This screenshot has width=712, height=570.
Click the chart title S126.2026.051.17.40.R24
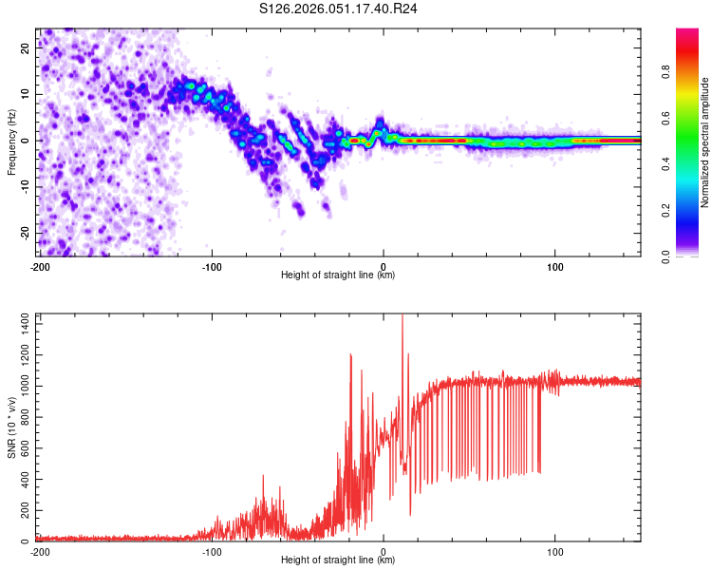(x=339, y=9)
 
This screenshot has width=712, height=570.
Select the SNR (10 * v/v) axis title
(x=11, y=427)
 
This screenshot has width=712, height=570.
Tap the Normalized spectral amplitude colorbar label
(x=704, y=142)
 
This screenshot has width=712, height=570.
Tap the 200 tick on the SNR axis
(x=23, y=510)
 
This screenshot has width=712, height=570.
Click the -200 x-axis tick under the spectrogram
(x=40, y=266)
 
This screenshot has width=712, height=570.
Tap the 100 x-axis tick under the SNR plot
(x=555, y=551)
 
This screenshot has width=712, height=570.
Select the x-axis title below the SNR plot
(x=339, y=560)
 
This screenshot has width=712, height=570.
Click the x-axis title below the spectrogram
(x=339, y=275)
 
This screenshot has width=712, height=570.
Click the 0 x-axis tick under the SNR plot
(x=384, y=551)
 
